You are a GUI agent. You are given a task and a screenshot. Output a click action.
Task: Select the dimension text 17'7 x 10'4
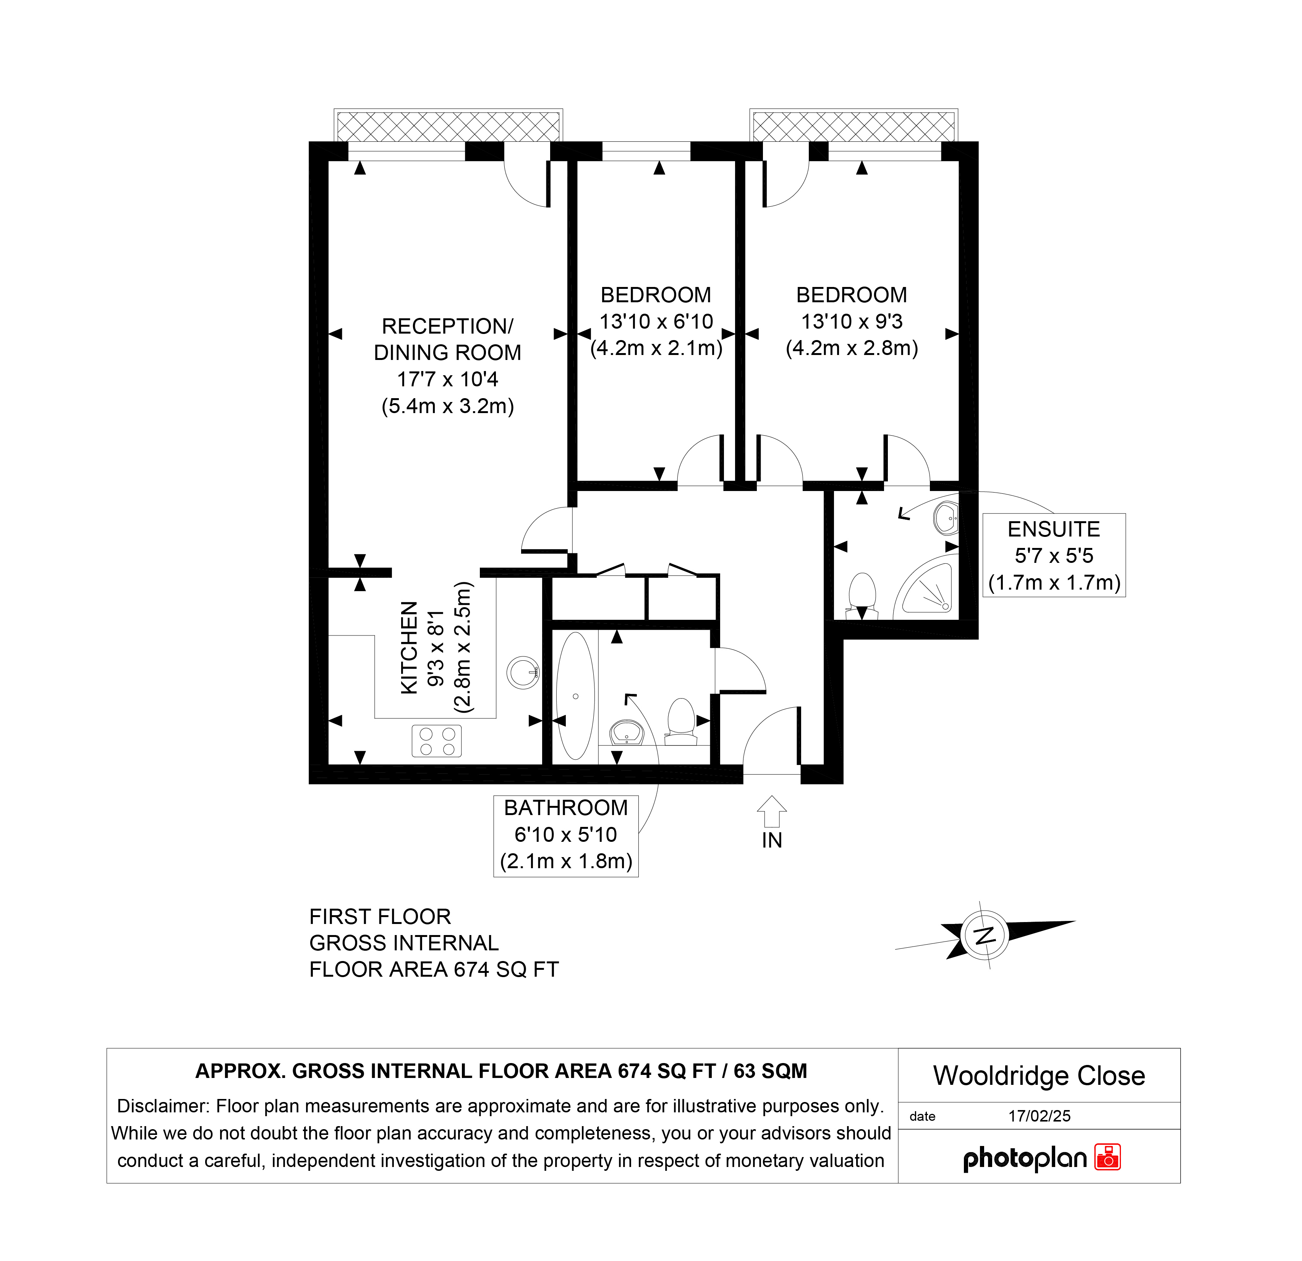coord(448,379)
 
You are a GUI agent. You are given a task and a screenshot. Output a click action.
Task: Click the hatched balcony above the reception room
coord(449,126)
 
